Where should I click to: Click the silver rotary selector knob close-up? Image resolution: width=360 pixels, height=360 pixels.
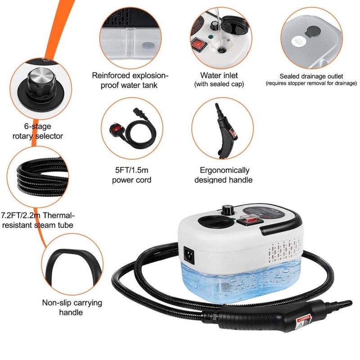42,81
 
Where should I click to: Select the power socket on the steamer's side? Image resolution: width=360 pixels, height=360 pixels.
189,255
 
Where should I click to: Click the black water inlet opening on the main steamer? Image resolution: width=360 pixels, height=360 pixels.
214,220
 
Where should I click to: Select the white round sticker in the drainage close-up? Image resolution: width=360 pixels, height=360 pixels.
298,42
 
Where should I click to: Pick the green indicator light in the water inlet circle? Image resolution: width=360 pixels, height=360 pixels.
210,36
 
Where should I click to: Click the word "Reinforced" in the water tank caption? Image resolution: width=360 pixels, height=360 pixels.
111,76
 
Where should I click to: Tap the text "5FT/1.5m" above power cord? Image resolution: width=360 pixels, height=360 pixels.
131,170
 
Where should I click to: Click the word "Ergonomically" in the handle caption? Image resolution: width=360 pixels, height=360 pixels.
224,170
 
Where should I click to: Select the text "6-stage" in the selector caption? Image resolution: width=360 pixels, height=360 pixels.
38,126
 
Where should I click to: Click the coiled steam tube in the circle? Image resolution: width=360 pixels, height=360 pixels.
42,177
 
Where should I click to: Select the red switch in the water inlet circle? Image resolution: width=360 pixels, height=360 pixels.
199,44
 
